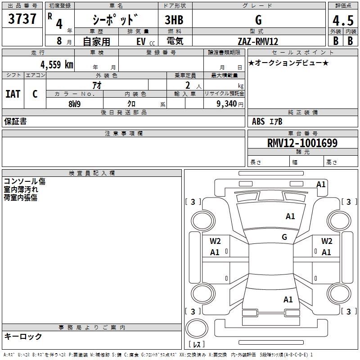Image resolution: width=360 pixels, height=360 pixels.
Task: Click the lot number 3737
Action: (x=22, y=20)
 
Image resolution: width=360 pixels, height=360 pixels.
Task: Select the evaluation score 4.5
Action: (x=342, y=21)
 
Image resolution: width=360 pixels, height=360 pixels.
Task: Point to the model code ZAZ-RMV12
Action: (x=258, y=41)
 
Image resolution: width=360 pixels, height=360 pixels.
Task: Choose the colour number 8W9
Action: (x=75, y=104)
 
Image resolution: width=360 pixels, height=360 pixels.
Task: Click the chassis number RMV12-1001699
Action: (x=302, y=144)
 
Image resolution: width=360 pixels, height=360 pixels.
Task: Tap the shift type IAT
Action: (x=13, y=94)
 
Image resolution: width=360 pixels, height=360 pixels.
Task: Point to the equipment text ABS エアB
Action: (x=267, y=121)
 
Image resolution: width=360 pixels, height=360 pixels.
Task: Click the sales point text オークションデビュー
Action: (x=288, y=63)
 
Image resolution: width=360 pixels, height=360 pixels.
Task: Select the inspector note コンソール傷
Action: (x=25, y=181)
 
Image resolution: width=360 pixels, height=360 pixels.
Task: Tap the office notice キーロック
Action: (x=23, y=336)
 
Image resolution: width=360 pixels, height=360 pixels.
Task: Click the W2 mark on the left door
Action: (x=215, y=241)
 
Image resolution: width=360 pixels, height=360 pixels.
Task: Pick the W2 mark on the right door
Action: (x=327, y=241)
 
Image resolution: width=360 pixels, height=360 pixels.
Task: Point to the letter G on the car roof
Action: (x=284, y=237)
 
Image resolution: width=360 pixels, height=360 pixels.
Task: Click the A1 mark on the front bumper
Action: (x=321, y=184)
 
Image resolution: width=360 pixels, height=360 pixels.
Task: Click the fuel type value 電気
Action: (x=174, y=41)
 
